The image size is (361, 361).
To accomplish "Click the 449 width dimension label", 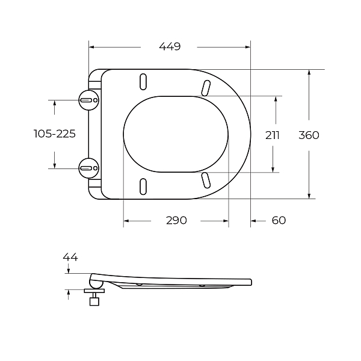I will (170, 46).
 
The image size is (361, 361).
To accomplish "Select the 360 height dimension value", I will (309, 135).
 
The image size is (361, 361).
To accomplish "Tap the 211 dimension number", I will (272, 135).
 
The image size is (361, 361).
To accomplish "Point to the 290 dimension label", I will (176, 220).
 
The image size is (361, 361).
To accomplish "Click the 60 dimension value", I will (279, 220).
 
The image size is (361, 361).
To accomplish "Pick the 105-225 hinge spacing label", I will (55, 134).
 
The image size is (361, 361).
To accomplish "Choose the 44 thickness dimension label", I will (70, 257).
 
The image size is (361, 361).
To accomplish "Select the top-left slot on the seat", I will (143, 81).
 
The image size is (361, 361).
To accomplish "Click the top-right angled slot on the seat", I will (206, 88).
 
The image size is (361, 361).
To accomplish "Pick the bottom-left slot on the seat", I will (143, 186).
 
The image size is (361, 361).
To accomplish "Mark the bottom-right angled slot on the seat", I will (206, 179).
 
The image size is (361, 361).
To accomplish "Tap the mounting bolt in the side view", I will (94, 298).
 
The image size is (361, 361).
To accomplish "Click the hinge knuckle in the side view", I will (95, 279).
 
